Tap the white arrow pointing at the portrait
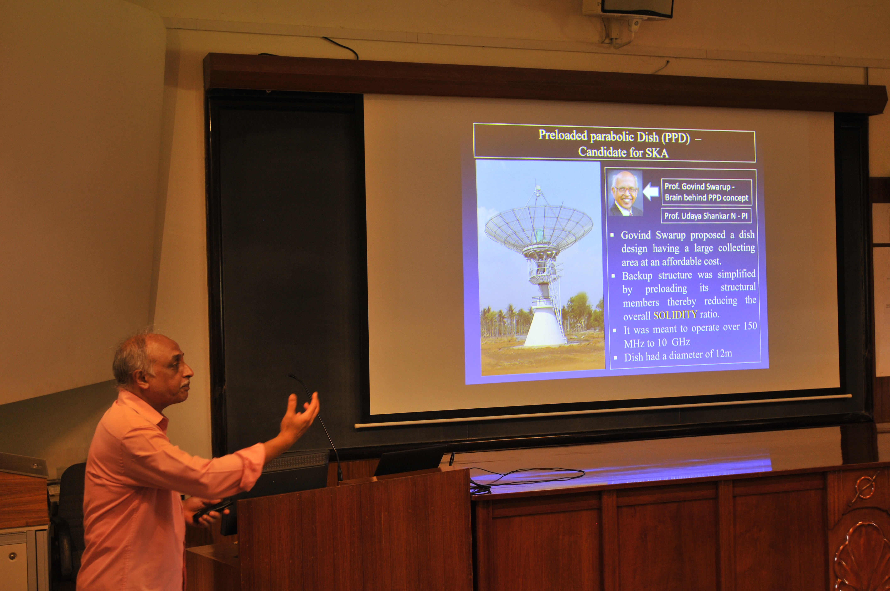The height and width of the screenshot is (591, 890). [651, 192]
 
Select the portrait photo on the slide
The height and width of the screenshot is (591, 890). [626, 193]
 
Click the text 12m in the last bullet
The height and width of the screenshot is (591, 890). [722, 354]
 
